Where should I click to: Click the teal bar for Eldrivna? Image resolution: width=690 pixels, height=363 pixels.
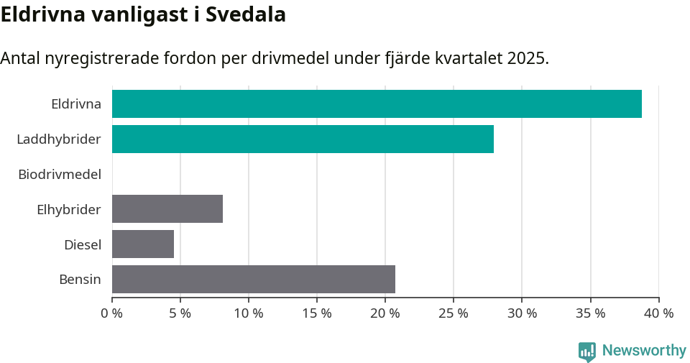click(377, 104)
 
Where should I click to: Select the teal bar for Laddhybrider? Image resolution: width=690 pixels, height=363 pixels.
click(303, 139)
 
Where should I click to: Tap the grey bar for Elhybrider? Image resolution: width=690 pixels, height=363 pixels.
click(167, 209)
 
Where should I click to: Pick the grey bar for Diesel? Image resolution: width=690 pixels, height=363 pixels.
click(143, 244)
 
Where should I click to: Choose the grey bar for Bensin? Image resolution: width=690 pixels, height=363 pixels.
click(254, 279)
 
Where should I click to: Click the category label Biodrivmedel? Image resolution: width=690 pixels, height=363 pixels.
click(60, 174)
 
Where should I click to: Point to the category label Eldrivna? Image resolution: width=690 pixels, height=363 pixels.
click(76, 104)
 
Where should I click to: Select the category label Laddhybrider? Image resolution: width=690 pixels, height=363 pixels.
click(59, 139)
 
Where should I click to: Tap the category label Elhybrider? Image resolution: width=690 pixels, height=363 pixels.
click(69, 209)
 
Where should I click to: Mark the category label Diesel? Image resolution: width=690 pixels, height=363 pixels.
click(83, 244)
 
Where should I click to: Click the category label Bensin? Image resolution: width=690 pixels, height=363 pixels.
click(80, 279)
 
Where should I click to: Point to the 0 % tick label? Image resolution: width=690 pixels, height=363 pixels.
click(112, 313)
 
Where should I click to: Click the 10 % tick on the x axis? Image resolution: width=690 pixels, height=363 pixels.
click(249, 313)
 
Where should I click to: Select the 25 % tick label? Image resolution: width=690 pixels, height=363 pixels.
click(454, 313)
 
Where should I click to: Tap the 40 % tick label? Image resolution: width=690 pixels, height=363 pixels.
click(658, 313)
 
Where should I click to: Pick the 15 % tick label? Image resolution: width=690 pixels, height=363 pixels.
click(317, 313)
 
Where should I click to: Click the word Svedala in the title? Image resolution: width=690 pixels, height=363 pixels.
click(246, 14)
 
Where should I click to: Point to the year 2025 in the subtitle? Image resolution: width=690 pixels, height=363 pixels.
click(527, 58)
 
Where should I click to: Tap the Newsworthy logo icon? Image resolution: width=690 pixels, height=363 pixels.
click(587, 351)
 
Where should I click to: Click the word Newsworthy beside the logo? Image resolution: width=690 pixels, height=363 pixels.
click(644, 351)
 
